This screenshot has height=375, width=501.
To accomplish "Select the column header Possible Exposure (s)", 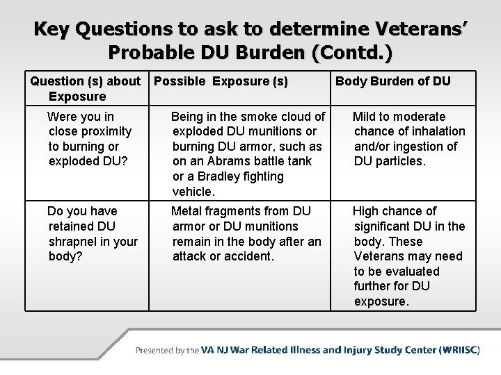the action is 221,81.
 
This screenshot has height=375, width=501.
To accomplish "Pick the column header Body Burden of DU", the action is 393,81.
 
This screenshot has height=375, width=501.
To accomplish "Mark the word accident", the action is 248,256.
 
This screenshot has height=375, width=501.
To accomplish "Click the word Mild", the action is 366,116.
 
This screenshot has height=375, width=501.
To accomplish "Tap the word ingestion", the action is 417,147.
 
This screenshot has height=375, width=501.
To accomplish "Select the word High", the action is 367,211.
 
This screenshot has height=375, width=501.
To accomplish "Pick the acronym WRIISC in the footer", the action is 459,350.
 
